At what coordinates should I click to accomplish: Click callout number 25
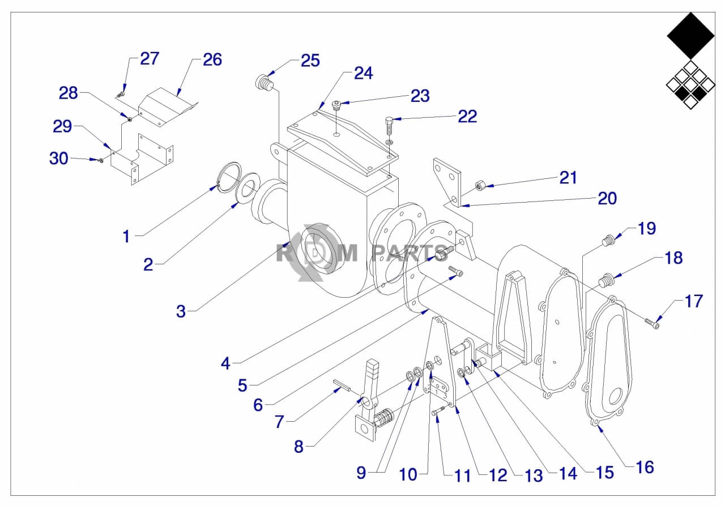pos(310,61)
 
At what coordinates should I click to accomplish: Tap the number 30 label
pos(58,158)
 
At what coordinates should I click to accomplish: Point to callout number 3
pos(180,311)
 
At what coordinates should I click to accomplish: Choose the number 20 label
pos(607,199)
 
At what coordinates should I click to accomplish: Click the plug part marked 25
pos(262,82)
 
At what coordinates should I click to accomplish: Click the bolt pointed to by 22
pos(389,122)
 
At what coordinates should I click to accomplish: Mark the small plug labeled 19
pos(608,241)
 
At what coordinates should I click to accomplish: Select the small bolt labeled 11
pos(437,413)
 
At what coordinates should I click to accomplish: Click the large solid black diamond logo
pos(690,36)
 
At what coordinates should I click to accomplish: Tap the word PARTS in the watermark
pos(409,253)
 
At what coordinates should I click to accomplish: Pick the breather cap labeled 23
pos(336,105)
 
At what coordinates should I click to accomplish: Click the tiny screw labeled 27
pos(120,94)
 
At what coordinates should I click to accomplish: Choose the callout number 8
pos(298,446)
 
